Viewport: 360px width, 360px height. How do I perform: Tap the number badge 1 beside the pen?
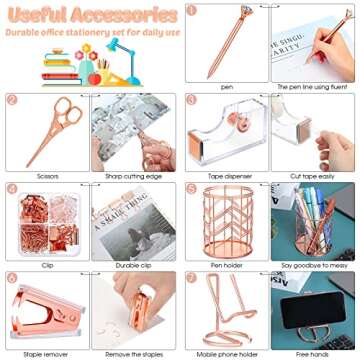[192, 10]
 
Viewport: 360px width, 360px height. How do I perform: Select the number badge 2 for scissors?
[13, 100]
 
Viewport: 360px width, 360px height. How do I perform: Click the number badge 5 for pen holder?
[192, 187]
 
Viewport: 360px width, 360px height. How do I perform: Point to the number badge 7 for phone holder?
[192, 277]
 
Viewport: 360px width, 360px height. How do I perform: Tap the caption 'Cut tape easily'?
[314, 171]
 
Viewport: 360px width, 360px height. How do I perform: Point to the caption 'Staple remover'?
[45, 352]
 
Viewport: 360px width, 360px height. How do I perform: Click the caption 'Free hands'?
[314, 352]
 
